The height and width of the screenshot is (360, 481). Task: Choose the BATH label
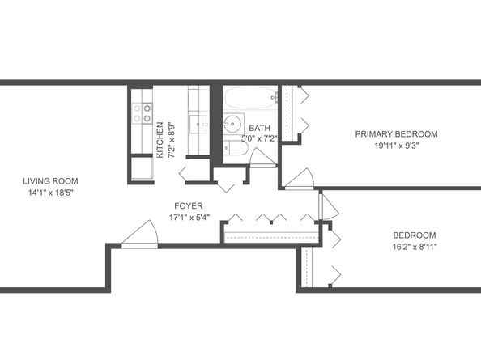click(x=260, y=128)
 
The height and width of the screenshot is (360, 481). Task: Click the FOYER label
click(x=186, y=205)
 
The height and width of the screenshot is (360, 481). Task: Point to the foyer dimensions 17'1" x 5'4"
click(x=186, y=218)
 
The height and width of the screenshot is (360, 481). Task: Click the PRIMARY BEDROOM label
click(x=396, y=133)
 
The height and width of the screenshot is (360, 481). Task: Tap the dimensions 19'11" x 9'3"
click(x=396, y=146)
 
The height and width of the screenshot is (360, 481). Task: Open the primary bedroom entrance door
click(x=300, y=180)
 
